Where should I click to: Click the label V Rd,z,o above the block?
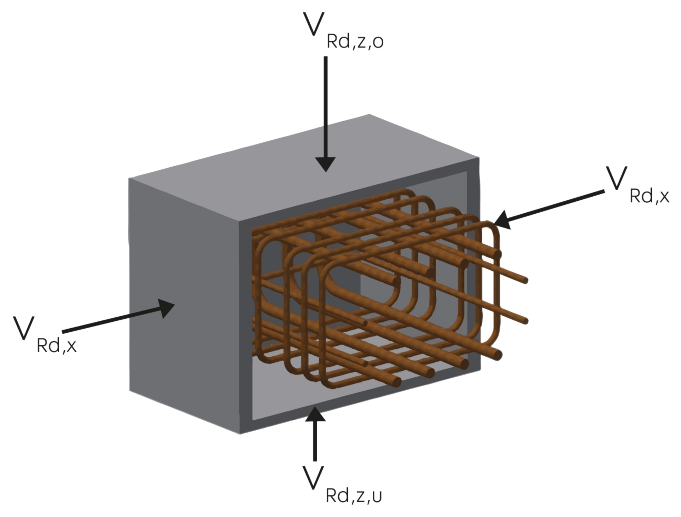(x=343, y=31)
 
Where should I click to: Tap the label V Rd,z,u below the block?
(x=342, y=485)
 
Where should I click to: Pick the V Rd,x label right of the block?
(x=637, y=185)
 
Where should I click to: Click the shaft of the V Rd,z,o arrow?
(x=326, y=107)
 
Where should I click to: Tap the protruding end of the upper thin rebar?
(x=525, y=280)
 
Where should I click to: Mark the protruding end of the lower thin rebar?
(x=525, y=321)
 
